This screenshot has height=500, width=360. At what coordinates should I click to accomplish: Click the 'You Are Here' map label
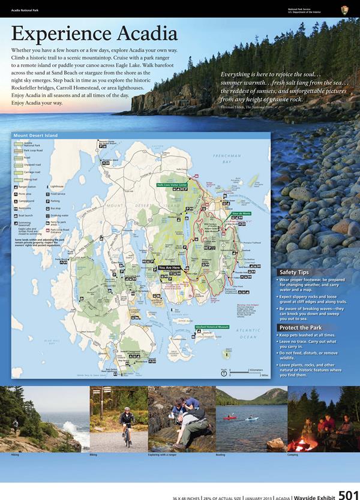[170, 268]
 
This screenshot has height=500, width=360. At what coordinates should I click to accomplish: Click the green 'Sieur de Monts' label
[241, 213]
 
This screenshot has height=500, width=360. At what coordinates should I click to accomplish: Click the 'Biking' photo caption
[93, 455]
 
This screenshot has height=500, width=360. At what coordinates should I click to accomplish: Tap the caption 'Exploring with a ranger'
[163, 455]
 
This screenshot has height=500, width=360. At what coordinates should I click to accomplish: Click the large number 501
[349, 493]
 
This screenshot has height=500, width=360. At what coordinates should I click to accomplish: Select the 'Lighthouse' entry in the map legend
[58, 186]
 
